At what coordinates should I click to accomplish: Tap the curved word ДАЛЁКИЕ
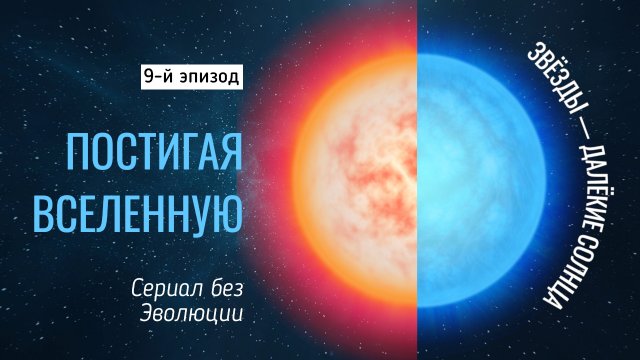(x=586, y=174)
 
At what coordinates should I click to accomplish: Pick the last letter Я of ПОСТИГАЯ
(x=234, y=152)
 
